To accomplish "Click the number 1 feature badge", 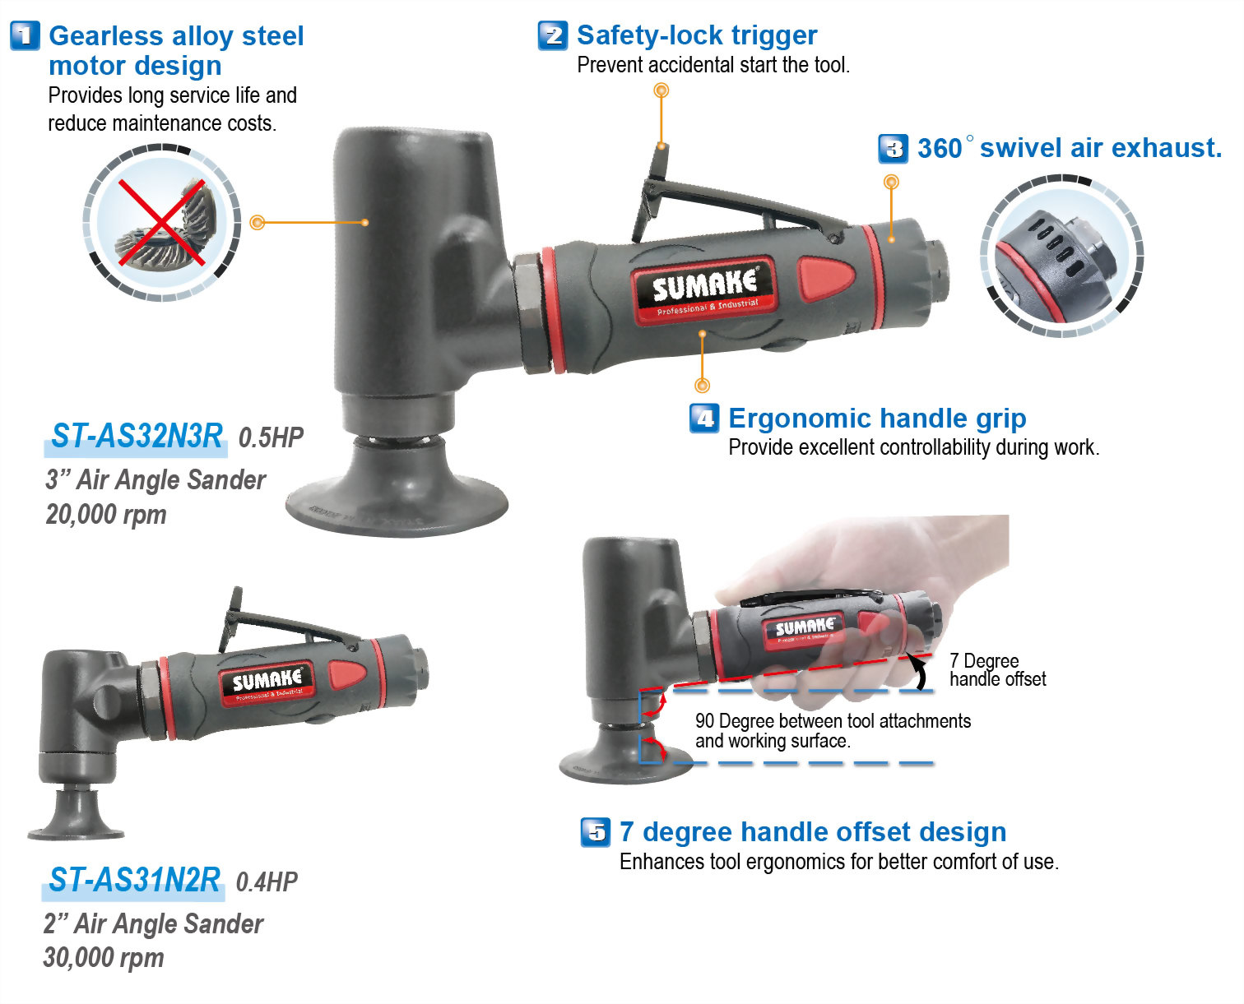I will click(25, 36).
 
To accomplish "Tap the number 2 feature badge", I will click(552, 35).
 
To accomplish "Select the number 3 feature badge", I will click(894, 149).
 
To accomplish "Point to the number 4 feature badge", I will click(704, 419).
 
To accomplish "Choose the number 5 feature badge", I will click(596, 832).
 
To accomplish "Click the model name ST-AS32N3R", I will click(137, 436).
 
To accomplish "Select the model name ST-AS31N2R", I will click(134, 880).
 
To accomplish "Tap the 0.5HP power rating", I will click(271, 437).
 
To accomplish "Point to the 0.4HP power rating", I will click(267, 881).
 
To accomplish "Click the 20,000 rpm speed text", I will click(106, 515).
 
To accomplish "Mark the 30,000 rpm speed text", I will click(104, 958).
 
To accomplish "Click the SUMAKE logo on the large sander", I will click(704, 288).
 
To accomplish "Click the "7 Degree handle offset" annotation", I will click(996, 670).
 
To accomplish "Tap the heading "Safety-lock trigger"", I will click(696, 35).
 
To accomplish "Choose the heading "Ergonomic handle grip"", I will click(877, 419).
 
